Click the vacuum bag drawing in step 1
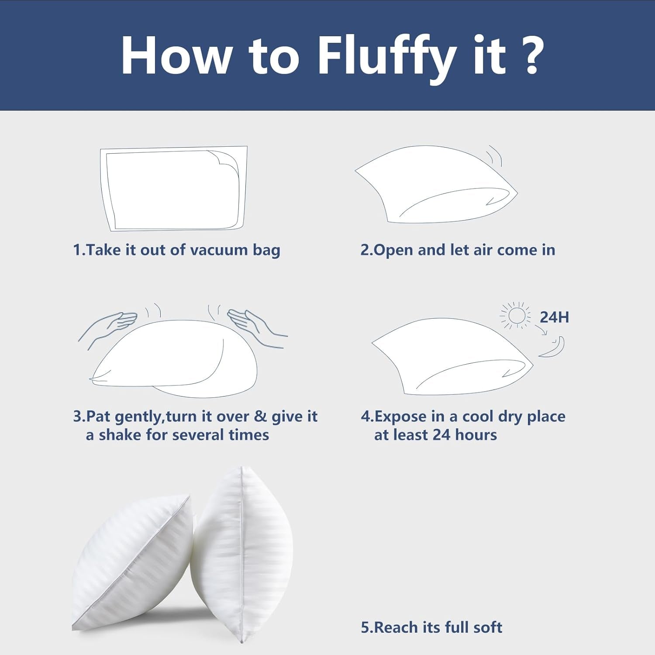174,189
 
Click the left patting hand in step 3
107,328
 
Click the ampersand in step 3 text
260,416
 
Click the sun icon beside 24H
516,315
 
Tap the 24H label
554,317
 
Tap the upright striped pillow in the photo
241,555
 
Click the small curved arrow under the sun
541,331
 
